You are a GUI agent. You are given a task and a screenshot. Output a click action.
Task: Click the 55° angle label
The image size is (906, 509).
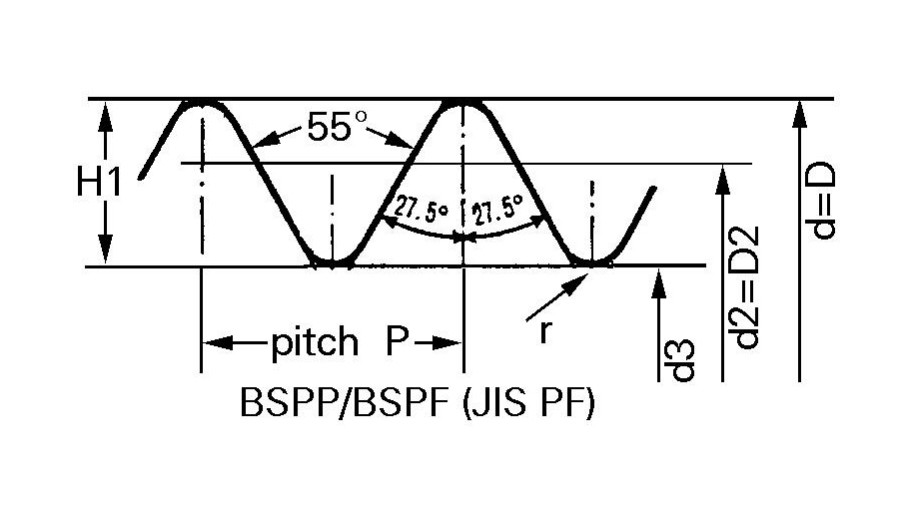click(337, 127)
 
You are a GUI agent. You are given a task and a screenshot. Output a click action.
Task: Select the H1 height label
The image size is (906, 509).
click(99, 183)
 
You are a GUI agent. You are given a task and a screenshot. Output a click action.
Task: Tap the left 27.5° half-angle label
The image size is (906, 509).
click(422, 209)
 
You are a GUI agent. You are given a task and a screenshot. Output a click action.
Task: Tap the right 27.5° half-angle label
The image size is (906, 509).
click(496, 210)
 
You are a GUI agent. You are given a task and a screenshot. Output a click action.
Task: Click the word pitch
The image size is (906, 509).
click(315, 341)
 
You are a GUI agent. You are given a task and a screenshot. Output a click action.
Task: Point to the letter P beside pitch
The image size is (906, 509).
click(398, 341)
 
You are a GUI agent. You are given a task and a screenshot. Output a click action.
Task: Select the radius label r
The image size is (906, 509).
click(544, 331)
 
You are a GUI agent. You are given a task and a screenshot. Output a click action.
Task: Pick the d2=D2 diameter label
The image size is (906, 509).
click(745, 287)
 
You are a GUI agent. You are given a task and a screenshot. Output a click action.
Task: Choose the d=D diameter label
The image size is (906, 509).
click(822, 201)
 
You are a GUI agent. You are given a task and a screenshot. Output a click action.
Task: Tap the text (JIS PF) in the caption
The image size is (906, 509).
click(528, 403)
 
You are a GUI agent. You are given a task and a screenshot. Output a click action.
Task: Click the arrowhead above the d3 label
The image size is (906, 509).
click(658, 283)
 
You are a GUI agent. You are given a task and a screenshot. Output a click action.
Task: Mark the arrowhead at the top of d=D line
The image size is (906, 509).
click(799, 113)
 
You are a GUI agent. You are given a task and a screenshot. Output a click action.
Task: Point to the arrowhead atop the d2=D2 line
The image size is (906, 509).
click(722, 179)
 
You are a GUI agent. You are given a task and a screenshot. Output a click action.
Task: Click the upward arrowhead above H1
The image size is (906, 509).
click(105, 118)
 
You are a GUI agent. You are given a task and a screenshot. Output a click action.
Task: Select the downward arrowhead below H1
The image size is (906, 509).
click(105, 249)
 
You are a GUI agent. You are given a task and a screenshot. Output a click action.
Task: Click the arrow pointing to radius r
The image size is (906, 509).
click(556, 297)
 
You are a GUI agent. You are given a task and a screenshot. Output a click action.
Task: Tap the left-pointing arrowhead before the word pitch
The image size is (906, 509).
click(218, 343)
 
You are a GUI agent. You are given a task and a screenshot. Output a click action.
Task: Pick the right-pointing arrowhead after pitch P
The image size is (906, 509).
click(447, 343)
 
